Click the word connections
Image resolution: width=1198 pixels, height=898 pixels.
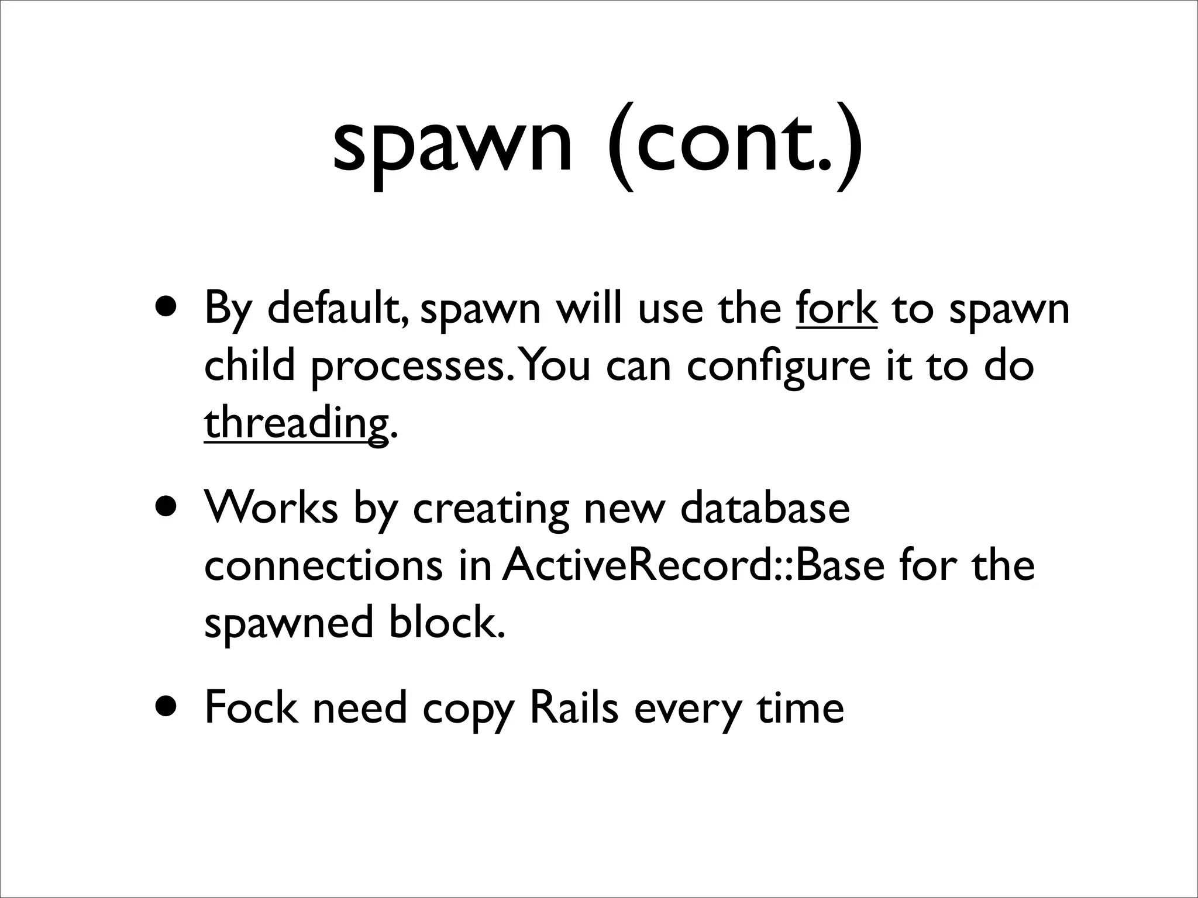pos(323,565)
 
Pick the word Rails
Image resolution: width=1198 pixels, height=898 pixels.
pos(573,707)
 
